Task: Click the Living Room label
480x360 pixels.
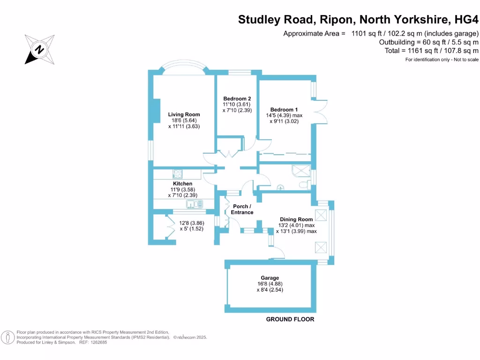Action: tap(184, 114)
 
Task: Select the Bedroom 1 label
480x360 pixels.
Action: tap(284, 110)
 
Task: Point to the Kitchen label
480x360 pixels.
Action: tap(182, 183)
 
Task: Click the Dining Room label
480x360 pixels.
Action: tap(296, 219)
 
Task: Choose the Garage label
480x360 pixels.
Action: tap(270, 278)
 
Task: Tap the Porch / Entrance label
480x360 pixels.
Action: tap(242, 210)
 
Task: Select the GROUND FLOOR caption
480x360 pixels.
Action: tap(290, 319)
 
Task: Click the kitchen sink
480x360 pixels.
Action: tap(193, 204)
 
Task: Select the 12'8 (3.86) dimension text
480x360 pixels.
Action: tap(191, 223)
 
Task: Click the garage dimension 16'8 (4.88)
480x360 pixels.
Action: tap(270, 284)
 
